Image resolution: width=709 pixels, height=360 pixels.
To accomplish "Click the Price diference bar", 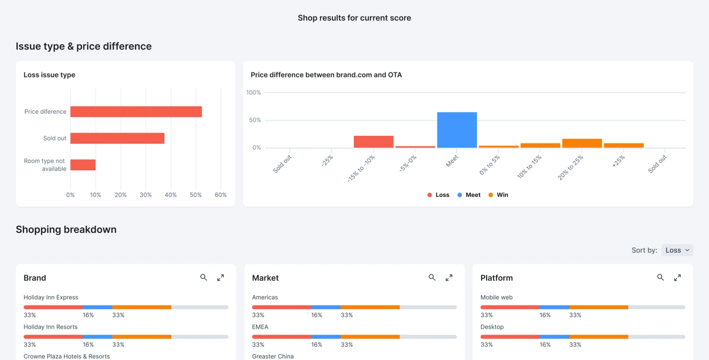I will pos(136,112).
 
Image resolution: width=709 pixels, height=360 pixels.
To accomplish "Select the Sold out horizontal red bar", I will pos(117,138).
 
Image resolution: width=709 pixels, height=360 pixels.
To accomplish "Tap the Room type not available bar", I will pos(83,165).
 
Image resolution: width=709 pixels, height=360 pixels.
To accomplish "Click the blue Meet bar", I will pos(457,130).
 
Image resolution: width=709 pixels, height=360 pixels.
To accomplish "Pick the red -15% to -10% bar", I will pos(373,142).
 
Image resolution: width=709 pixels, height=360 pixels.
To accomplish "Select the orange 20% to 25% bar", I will pos(582,143).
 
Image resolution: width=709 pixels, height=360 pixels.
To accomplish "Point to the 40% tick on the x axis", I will pos(171,195).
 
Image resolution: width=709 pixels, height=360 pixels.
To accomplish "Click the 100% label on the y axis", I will pos(253,93).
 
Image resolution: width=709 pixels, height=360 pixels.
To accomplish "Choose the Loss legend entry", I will pos(438,195).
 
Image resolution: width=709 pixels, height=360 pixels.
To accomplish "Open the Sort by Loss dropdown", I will pos(677,250).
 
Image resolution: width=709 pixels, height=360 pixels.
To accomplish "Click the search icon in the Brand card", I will pos(204,277).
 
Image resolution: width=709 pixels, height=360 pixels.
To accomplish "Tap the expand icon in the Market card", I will pos(449,277).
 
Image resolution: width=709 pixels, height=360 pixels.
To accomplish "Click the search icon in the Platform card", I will pos(660,277).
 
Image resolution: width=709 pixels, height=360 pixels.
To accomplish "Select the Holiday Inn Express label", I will pos(51,297).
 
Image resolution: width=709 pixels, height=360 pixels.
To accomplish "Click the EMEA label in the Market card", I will pos(260,327).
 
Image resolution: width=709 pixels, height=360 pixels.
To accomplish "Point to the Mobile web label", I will pos(496,297).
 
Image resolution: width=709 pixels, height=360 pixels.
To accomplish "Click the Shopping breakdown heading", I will pos(66,229).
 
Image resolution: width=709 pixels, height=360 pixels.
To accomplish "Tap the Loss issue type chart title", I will pos(49,75).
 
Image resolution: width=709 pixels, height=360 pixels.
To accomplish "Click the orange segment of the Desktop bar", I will pos(598,337).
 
